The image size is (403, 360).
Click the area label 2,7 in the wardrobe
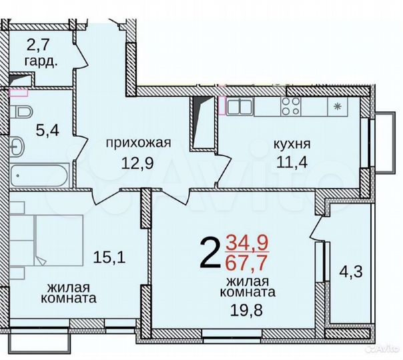(38, 45)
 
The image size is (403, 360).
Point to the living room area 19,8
(250, 309)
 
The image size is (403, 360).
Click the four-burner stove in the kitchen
(291, 105)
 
